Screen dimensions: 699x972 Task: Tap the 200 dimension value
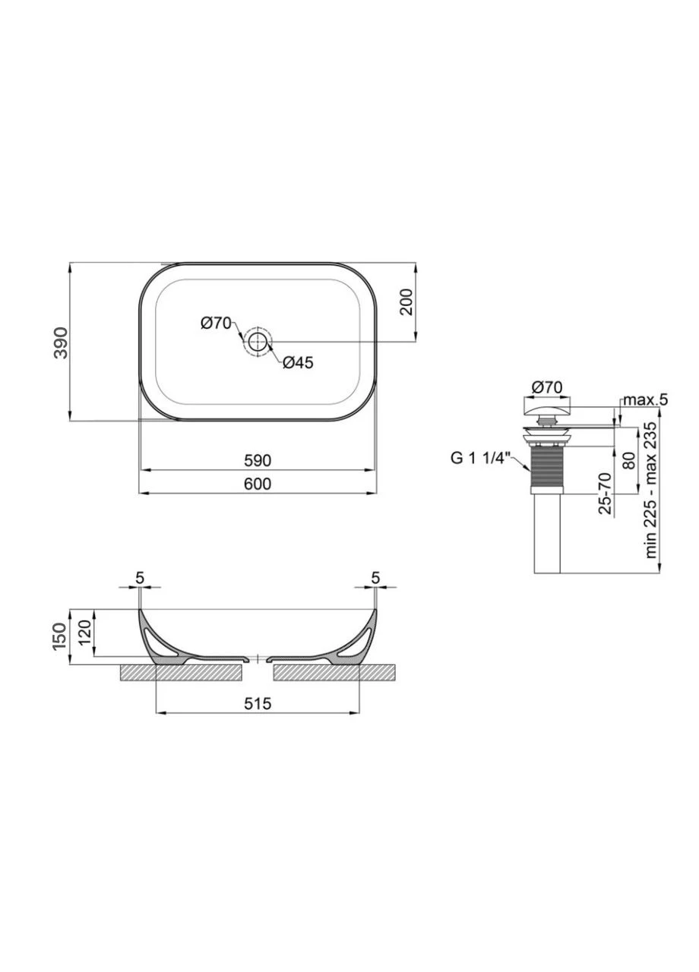click(x=406, y=301)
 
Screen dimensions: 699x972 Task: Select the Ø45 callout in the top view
click(x=298, y=362)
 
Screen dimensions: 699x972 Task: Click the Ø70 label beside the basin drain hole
click(x=217, y=323)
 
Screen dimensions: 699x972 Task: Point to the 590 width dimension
click(x=258, y=460)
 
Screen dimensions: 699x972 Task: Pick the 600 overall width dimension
click(x=258, y=484)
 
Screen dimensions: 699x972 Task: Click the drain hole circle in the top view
click(x=258, y=342)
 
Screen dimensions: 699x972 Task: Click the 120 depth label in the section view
click(x=85, y=633)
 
